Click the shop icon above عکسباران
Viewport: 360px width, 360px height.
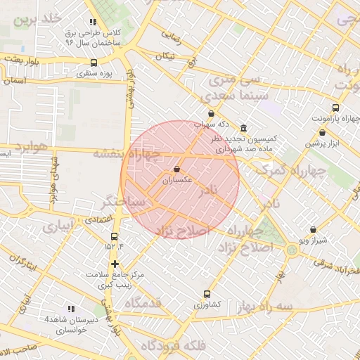(x=176, y=169)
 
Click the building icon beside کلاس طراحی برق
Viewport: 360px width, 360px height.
(x=93, y=22)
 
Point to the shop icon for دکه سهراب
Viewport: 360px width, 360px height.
(x=211, y=113)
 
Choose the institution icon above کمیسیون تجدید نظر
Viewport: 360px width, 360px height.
(x=243, y=129)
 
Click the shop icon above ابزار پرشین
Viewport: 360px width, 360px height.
(x=322, y=132)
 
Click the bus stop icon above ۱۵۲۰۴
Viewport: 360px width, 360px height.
(x=115, y=236)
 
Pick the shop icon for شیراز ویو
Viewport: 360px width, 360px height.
(x=313, y=229)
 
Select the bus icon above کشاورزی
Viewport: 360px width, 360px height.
(x=206, y=294)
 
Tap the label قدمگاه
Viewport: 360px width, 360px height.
(x=153, y=303)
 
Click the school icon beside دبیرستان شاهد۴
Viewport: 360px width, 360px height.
(x=70, y=309)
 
